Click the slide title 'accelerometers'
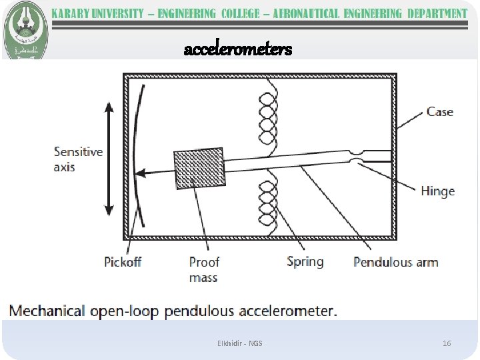click(x=238, y=49)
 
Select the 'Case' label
click(x=439, y=112)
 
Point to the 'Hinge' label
click(x=437, y=191)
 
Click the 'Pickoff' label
click(x=123, y=262)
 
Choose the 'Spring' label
click(x=305, y=261)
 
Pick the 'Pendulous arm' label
click(x=395, y=262)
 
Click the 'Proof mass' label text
click(x=203, y=269)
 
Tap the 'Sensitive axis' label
click(x=78, y=159)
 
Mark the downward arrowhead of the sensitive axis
click(x=110, y=211)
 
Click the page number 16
click(x=447, y=343)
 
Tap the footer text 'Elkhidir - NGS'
click(x=240, y=343)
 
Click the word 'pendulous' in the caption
click(x=201, y=311)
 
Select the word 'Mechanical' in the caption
click(x=47, y=311)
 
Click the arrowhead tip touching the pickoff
click(x=138, y=173)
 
